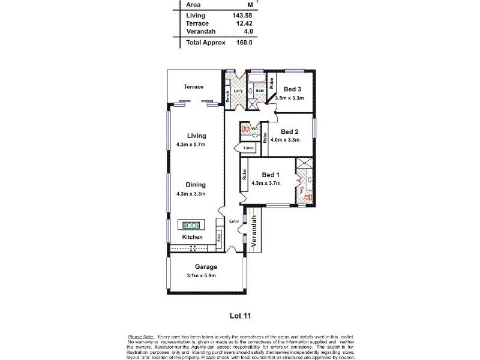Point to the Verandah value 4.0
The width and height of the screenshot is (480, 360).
(246, 32)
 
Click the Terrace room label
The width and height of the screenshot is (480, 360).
(194, 87)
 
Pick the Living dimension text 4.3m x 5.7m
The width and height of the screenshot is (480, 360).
(191, 145)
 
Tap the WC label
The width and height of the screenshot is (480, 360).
(255, 128)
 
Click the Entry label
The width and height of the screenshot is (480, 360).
(234, 221)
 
